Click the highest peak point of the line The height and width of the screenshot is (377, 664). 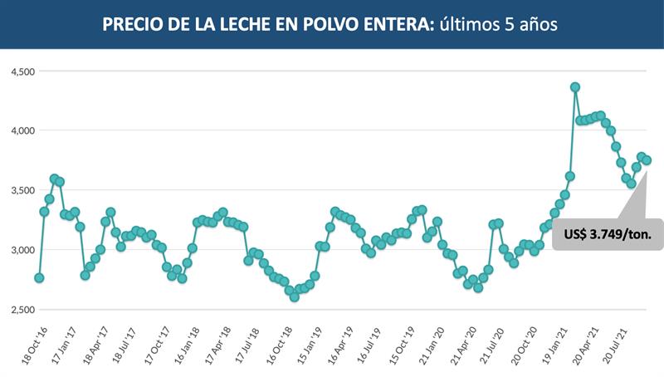point(575,87)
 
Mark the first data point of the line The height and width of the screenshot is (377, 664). point(39,278)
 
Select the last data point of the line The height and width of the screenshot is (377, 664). point(647,160)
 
